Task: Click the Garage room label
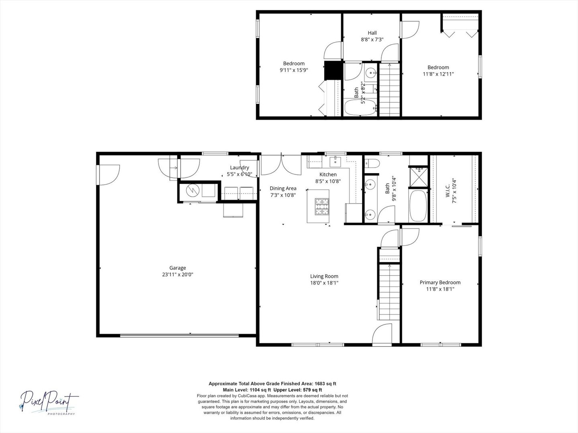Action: pos(177,268)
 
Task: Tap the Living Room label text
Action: pos(324,276)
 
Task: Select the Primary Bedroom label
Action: pos(440,283)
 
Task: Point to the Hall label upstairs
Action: pos(372,33)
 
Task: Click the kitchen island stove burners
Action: pos(322,206)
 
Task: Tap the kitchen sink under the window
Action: pos(335,162)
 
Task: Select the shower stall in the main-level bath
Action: pos(418,177)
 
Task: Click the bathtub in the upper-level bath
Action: pos(360,107)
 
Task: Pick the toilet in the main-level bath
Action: pos(372,164)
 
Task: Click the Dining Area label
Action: pos(283,188)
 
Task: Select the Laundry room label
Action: pos(239,168)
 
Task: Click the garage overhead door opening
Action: pos(179,336)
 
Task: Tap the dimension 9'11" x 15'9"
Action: pos(293,70)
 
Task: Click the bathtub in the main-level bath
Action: pos(418,206)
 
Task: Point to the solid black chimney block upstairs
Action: pos(334,71)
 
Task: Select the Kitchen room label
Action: pos(328,174)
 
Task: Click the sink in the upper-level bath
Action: pos(371,72)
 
